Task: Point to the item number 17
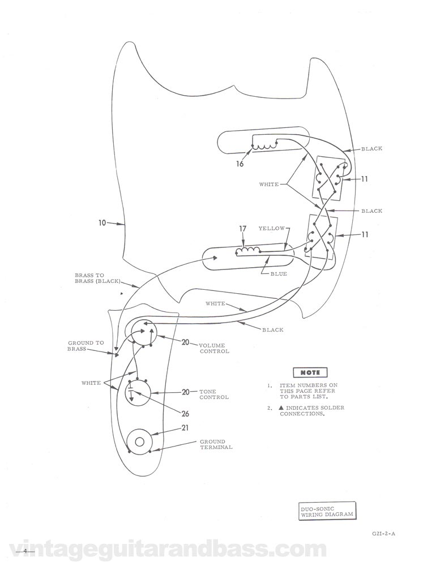(243, 229)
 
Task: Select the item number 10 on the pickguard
(102, 223)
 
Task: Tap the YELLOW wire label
(271, 229)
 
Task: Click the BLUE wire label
(279, 274)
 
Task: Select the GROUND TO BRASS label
(86, 346)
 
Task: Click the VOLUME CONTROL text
(213, 348)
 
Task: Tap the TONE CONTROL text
(213, 394)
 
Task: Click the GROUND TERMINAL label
(216, 444)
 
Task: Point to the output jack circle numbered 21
(138, 440)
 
